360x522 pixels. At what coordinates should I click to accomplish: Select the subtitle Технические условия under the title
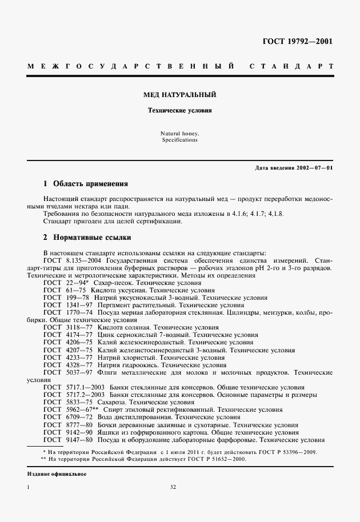coord(180,111)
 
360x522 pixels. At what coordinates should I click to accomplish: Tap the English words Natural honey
coord(180,133)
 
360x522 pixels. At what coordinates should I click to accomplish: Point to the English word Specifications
coord(180,140)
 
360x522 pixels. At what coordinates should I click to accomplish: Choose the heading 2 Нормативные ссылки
coord(87,237)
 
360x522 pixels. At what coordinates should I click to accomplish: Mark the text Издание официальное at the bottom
coord(57,474)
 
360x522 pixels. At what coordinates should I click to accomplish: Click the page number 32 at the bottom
coord(173,487)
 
